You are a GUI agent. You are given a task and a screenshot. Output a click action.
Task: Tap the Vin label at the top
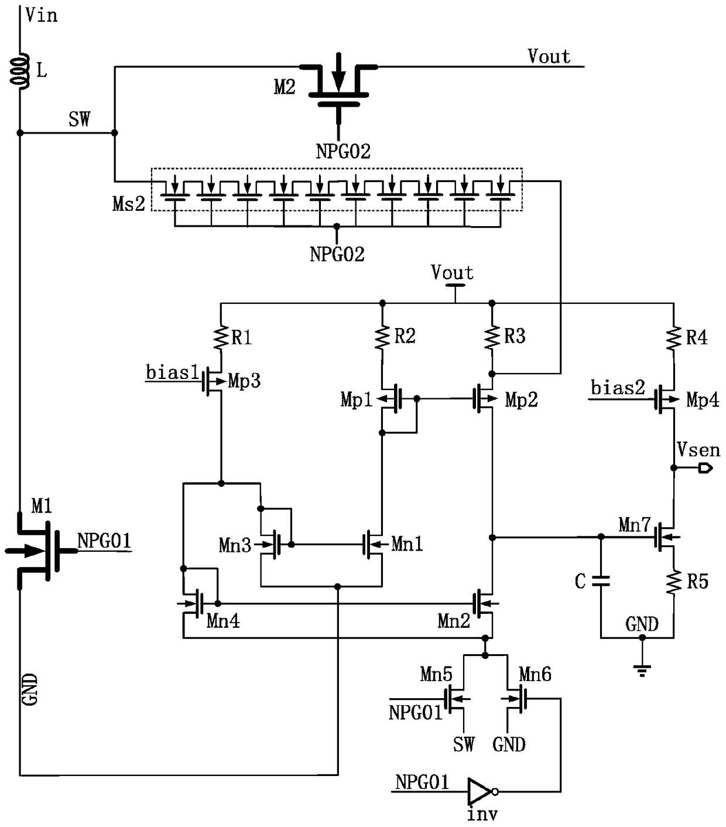pyautogui.click(x=41, y=15)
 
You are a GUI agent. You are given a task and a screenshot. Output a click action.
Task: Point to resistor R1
pyautogui.click(x=221, y=338)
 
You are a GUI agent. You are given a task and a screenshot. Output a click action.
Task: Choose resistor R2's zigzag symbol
pyautogui.click(x=382, y=337)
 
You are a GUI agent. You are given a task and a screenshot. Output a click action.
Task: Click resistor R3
pyautogui.click(x=492, y=337)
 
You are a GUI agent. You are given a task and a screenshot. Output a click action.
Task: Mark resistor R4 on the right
pyautogui.click(x=673, y=338)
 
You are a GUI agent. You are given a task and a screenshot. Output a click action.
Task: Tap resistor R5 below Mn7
pyautogui.click(x=673, y=582)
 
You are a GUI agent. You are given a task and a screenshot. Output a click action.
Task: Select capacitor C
pyautogui.click(x=601, y=581)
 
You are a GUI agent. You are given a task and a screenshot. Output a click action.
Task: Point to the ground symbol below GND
pyautogui.click(x=642, y=669)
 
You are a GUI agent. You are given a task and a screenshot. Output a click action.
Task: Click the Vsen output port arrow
pyautogui.click(x=704, y=467)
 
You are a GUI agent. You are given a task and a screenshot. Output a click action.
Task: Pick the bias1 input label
pyautogui.click(x=172, y=373)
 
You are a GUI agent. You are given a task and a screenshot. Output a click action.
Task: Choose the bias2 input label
pyautogui.click(x=618, y=388)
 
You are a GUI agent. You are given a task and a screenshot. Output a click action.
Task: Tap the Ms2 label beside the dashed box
pyautogui.click(x=128, y=204)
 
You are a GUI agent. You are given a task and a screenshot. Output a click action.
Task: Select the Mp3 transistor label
pyautogui.click(x=244, y=381)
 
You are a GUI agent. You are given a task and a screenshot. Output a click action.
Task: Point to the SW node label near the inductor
pyautogui.click(x=79, y=119)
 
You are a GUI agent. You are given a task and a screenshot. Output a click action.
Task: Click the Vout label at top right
pyautogui.click(x=549, y=56)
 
